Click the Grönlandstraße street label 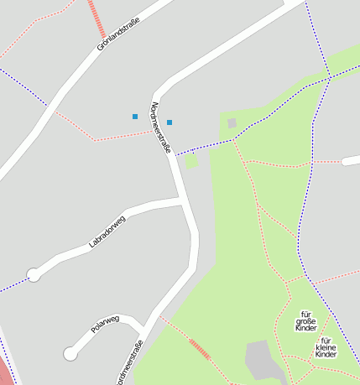tap(114, 34)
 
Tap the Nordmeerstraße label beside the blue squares tap(160, 127)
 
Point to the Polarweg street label tap(106, 324)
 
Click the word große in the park tap(306, 321)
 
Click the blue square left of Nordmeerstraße tap(135, 116)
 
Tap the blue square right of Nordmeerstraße tap(170, 122)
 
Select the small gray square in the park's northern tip tap(232, 123)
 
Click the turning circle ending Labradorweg tap(34, 274)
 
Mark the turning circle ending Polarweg tap(70, 354)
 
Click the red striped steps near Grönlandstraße tap(97, 18)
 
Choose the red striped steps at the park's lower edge tap(200, 349)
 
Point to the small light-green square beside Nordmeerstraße tap(191, 161)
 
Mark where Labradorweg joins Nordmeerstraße tap(181, 200)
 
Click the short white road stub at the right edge tap(352, 160)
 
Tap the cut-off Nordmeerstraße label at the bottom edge tap(130, 364)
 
